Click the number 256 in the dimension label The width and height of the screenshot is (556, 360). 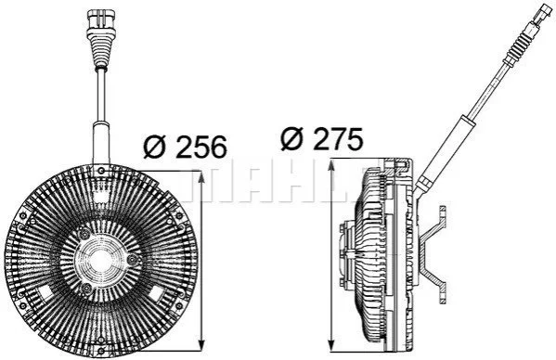tap(201, 147)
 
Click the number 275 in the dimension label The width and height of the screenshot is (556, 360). tap(338, 138)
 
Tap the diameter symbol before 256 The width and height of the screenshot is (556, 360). tap(154, 147)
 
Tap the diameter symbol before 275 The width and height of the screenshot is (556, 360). tap(291, 138)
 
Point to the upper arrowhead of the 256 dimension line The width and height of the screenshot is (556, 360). tap(201, 177)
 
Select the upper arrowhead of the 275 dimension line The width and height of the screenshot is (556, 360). tap(331, 165)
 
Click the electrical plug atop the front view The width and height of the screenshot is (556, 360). tap(101, 20)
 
